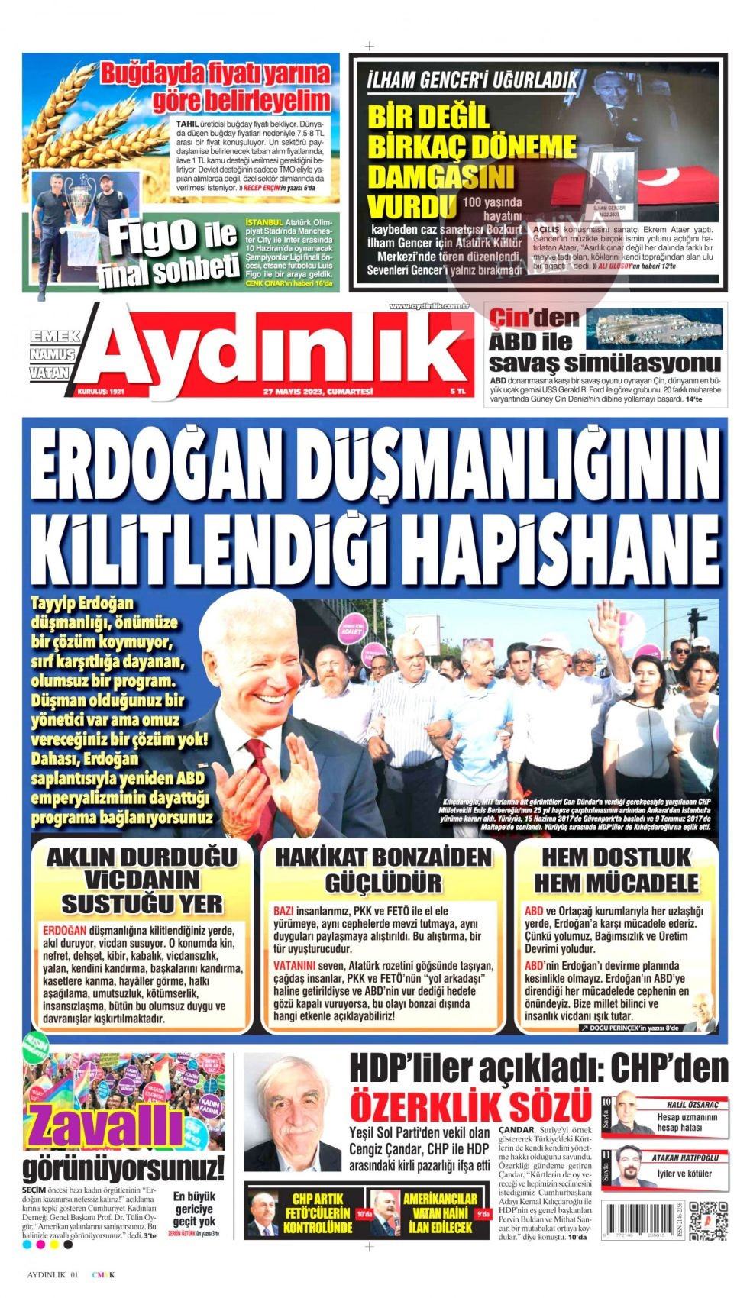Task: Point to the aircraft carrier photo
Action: click(659, 329)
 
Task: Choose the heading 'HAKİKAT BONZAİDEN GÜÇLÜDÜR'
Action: click(383, 869)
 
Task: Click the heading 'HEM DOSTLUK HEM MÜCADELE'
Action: click(616, 869)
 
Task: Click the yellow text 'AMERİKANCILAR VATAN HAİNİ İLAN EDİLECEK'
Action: click(439, 1213)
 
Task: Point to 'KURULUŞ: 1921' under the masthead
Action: click(100, 392)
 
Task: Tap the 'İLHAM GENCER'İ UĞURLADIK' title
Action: click(472, 79)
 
